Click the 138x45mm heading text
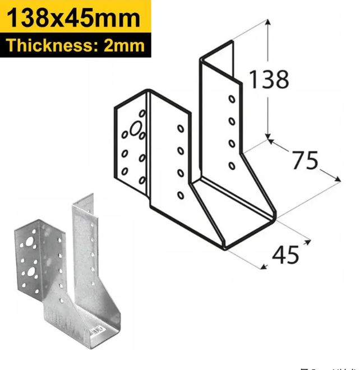pyautogui.click(x=73, y=18)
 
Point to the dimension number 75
pyautogui.click(x=304, y=161)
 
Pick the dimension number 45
pyautogui.click(x=285, y=255)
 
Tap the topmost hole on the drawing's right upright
pyautogui.click(x=231, y=99)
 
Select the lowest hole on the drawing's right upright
pyautogui.click(x=232, y=165)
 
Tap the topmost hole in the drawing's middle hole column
pyautogui.click(x=180, y=128)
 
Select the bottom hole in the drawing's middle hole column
pyautogui.click(x=180, y=195)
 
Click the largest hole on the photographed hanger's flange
pyautogui.click(x=28, y=275)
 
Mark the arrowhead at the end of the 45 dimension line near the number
pyautogui.click(x=308, y=243)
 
